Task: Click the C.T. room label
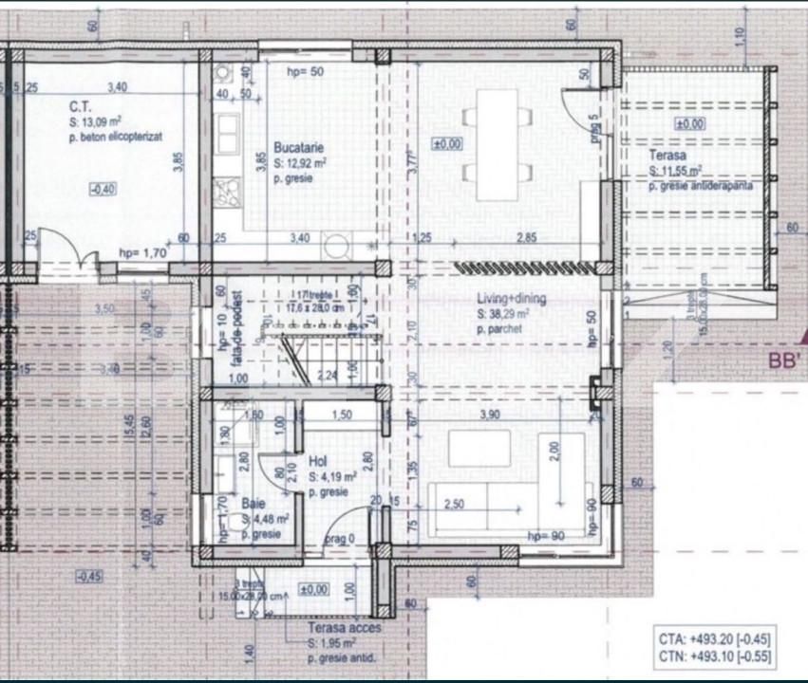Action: [79, 107]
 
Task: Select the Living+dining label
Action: [512, 301]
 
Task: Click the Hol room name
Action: [318, 462]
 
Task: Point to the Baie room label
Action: [253, 505]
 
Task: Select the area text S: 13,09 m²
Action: [99, 122]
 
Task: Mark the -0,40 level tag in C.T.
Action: [102, 189]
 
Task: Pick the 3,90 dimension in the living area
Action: [488, 415]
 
